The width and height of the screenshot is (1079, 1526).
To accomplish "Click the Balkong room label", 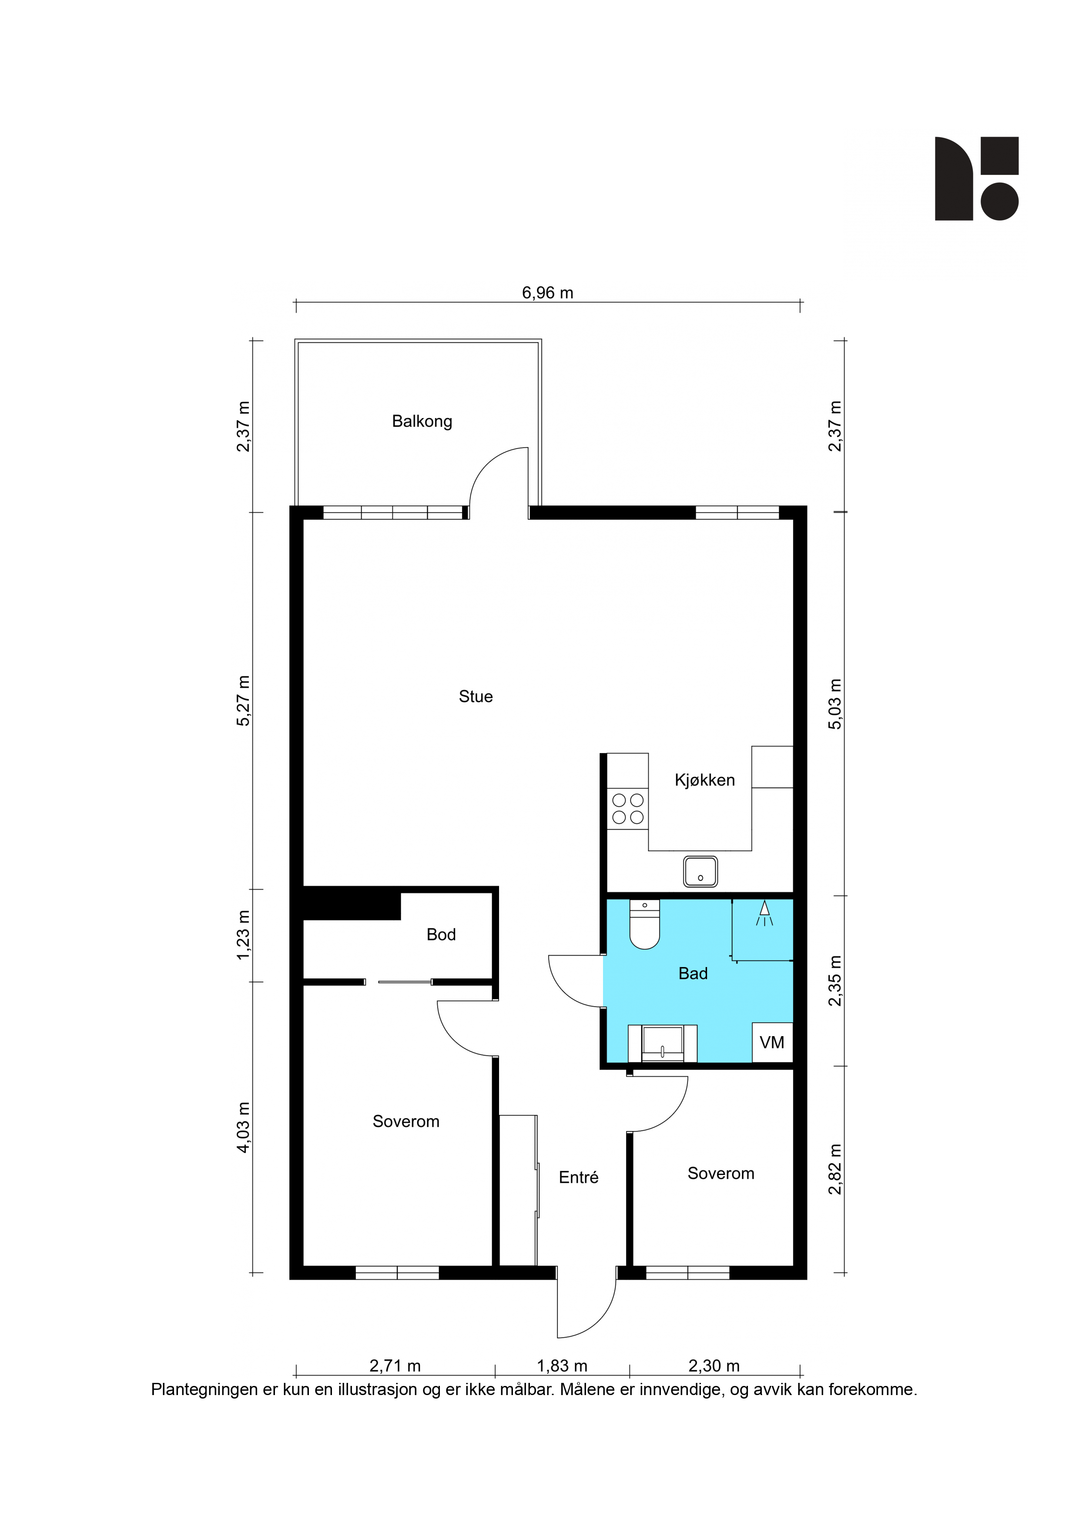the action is [x=422, y=422].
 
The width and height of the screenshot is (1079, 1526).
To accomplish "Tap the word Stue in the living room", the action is [x=476, y=696].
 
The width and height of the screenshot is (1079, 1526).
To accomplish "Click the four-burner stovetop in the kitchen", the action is [x=627, y=809].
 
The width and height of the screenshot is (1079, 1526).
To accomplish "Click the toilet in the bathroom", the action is [x=644, y=924].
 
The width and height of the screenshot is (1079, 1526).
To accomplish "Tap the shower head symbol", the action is [x=764, y=913].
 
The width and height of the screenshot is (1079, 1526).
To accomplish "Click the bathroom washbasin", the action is [x=662, y=1044].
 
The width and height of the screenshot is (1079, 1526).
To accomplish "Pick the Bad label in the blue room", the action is [x=693, y=974].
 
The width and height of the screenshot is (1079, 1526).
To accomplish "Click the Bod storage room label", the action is [x=441, y=934].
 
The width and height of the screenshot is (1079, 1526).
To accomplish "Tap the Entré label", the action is [x=578, y=1177].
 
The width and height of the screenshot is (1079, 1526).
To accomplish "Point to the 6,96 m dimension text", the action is [x=547, y=292].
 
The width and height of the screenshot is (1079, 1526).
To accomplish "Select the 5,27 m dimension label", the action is [x=243, y=700].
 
